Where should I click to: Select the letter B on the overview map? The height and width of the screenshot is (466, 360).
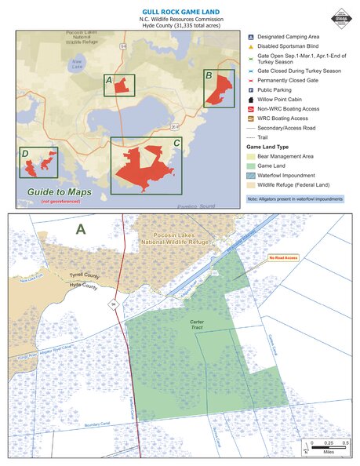[x=209, y=75]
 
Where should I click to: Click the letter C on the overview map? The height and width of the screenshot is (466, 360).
[x=176, y=144]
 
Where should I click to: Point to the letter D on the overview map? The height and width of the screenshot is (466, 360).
[x=26, y=153]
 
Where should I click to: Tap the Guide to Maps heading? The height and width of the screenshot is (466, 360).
[x=60, y=192]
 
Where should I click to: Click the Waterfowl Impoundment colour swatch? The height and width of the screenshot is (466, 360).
[x=252, y=176]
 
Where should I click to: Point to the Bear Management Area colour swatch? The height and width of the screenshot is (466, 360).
[x=252, y=157]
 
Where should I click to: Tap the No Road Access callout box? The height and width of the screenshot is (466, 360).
[x=283, y=257]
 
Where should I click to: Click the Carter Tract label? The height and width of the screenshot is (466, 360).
[x=186, y=325]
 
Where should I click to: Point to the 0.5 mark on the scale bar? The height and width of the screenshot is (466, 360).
[x=345, y=443]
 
